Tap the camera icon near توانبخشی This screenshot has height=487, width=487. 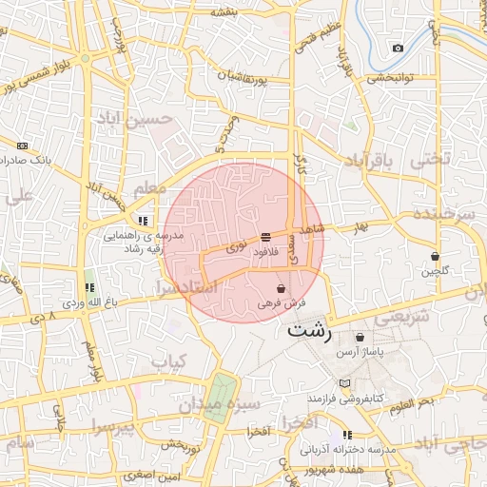pyautogui.click(x=398, y=49)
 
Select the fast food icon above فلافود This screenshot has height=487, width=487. pyautogui.click(x=265, y=237)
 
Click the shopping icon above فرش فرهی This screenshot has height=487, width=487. pyautogui.click(x=280, y=288)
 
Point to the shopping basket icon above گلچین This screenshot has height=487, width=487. pyautogui.click(x=435, y=256)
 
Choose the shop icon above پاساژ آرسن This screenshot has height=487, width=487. pyautogui.click(x=359, y=337)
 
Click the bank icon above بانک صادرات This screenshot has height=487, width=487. pyautogui.click(x=23, y=146)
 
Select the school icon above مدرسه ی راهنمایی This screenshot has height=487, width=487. pyautogui.click(x=143, y=221)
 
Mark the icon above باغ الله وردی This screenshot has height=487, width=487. pyautogui.click(x=90, y=286)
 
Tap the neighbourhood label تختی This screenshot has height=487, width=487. pyautogui.click(x=429, y=161)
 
